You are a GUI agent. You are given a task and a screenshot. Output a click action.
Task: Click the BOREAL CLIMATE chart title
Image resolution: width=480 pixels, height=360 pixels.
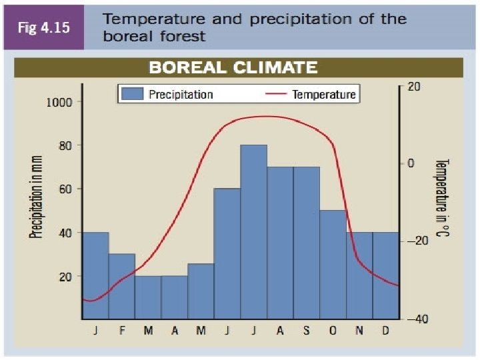[x=233, y=67]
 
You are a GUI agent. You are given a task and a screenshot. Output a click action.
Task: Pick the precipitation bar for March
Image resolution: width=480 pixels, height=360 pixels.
[x=148, y=297]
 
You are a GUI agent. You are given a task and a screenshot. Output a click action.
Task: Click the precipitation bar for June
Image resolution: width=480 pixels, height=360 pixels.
[x=227, y=253]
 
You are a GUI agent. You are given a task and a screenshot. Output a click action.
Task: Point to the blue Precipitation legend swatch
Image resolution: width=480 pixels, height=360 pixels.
[x=133, y=94]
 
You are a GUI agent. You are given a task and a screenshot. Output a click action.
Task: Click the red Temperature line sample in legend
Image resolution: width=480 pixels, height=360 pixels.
[x=276, y=94]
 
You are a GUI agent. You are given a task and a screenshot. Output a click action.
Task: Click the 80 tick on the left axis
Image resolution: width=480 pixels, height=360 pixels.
[x=63, y=145]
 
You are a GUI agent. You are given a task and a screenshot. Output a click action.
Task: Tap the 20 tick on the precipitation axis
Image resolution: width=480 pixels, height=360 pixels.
[x=63, y=276]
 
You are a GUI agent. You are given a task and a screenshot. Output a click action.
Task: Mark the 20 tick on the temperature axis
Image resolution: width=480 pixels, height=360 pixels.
[x=413, y=87]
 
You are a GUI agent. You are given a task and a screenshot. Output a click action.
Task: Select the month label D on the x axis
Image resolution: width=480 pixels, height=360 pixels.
[x=385, y=331]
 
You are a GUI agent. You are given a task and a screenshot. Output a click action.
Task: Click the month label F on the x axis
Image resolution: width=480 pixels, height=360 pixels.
[x=122, y=331]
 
